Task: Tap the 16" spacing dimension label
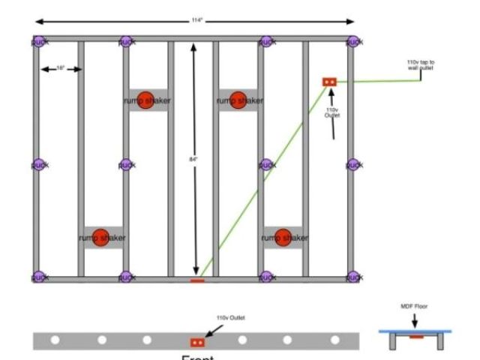tap(61, 69)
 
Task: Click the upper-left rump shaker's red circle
tap(146, 99)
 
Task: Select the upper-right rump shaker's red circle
tap(238, 99)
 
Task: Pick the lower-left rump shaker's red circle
tap(100, 237)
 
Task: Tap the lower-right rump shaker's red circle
tap(283, 237)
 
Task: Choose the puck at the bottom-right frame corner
tap(352, 277)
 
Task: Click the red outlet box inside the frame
tap(328, 81)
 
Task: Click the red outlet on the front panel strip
tap(197, 342)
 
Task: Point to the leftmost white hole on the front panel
tap(55, 340)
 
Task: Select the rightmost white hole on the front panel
tap(331, 340)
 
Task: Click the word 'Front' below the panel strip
tap(197, 356)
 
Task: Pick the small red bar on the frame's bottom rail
tap(196, 281)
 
